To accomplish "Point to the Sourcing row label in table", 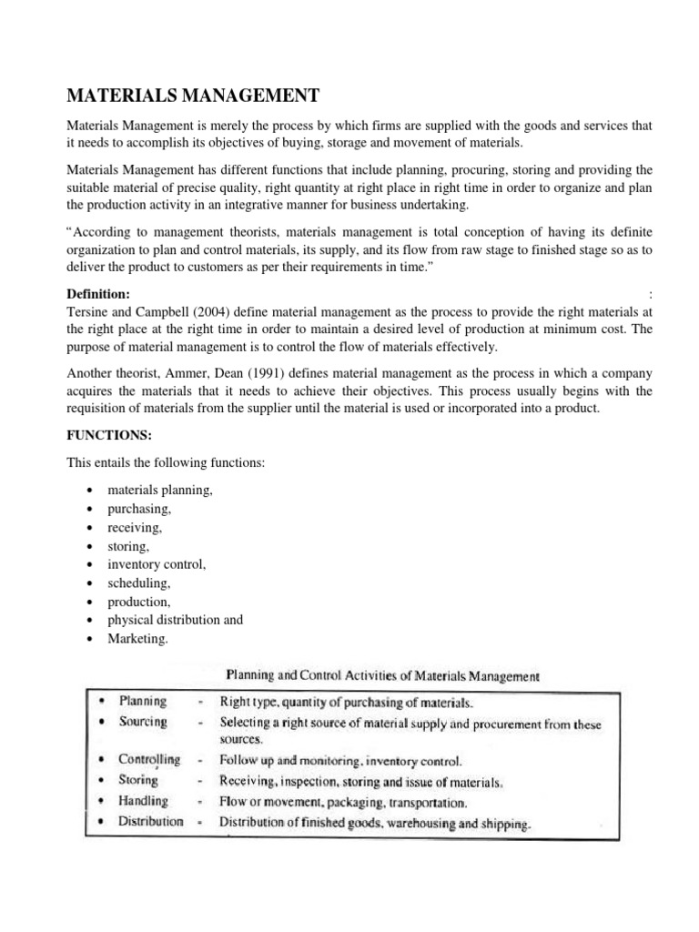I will click(x=143, y=722).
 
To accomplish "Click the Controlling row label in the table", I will click(x=149, y=759).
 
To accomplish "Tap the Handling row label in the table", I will click(x=144, y=801).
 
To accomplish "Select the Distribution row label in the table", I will click(x=151, y=821).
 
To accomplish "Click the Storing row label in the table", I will click(x=138, y=780).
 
